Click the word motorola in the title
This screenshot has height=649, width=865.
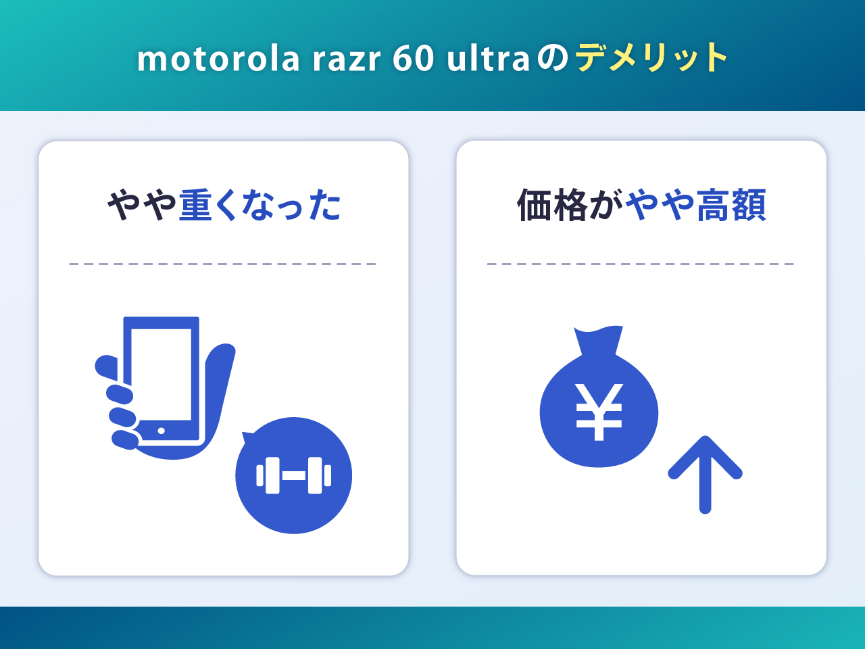pyautogui.click(x=218, y=59)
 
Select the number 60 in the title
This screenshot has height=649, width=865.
pyautogui.click(x=413, y=59)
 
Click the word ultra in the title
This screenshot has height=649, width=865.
pyautogui.click(x=488, y=59)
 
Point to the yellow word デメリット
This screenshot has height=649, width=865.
pyautogui.click(x=651, y=57)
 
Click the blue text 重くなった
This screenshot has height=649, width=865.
pyautogui.click(x=260, y=206)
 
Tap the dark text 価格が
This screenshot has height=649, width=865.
pyautogui.click(x=570, y=206)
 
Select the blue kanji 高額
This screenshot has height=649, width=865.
pyautogui.click(x=731, y=206)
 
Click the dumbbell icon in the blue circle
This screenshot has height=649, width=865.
pyautogui.click(x=294, y=476)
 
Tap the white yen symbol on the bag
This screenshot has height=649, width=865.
pyautogui.click(x=599, y=412)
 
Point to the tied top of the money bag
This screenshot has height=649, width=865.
pyautogui.click(x=598, y=339)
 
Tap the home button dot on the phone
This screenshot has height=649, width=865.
pyautogui.click(x=161, y=431)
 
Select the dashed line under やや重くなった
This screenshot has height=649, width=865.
pyautogui.click(x=223, y=264)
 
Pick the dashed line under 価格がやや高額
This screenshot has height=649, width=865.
pyautogui.click(x=641, y=264)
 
